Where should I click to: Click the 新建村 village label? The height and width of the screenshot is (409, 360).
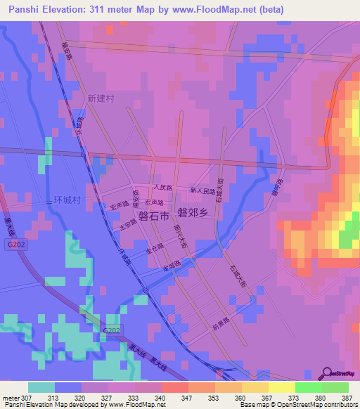[x=101, y=98]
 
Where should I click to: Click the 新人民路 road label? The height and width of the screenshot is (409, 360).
[x=202, y=190]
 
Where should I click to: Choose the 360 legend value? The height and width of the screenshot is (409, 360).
[x=241, y=398]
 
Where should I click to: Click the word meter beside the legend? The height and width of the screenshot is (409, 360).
[x=11, y=398]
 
